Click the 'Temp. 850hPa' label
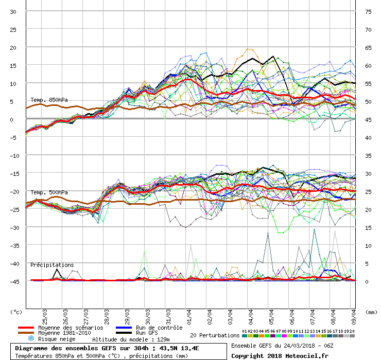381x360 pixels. click(x=49, y=100)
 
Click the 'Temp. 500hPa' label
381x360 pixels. click(x=49, y=192)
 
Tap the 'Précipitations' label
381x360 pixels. click(x=52, y=265)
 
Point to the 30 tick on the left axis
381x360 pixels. click(x=13, y=11)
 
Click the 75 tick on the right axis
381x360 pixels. click(x=368, y=11)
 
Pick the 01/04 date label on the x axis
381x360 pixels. click(x=189, y=314)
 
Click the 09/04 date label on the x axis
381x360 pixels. click(x=354, y=314)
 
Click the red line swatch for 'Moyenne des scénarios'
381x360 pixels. click(x=25, y=328)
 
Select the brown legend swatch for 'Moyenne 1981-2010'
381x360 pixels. click(x=25, y=333)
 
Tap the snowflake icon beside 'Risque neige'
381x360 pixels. click(x=30, y=339)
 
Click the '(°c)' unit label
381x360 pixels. click(x=16, y=312)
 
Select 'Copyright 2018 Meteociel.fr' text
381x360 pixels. click(x=280, y=355)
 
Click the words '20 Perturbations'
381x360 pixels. click(x=215, y=335)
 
